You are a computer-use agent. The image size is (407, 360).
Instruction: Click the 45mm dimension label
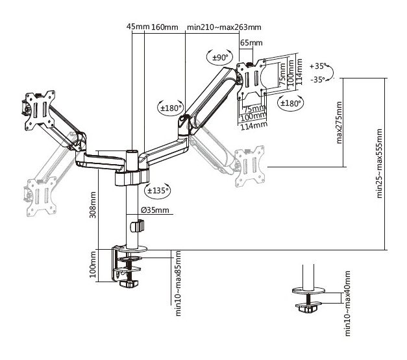click(138, 27)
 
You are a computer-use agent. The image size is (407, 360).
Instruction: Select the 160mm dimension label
click(165, 27)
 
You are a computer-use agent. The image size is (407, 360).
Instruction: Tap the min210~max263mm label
click(224, 27)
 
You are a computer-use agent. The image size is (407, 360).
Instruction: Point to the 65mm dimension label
click(251, 43)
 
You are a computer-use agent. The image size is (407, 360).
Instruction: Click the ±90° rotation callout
click(219, 57)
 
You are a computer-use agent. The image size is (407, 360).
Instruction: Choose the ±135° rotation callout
click(158, 191)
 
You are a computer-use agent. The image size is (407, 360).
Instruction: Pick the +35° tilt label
click(317, 66)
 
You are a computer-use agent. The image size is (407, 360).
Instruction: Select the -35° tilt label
click(317, 79)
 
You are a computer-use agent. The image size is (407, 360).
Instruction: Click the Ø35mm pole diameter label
click(155, 210)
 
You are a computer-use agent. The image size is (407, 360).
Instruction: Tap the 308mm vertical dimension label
click(93, 204)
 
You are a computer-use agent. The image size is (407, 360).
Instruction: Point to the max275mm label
click(339, 123)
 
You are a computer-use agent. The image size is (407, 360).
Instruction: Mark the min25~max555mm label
click(380, 163)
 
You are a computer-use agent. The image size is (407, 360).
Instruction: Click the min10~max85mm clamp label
click(178, 283)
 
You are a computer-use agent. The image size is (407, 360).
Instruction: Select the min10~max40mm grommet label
click(347, 304)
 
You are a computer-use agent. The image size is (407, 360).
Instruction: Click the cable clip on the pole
click(137, 226)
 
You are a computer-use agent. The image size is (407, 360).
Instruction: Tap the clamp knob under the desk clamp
click(129, 283)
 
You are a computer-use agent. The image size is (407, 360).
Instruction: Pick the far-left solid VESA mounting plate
click(40, 110)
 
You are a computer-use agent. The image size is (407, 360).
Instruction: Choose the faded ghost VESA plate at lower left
click(42, 197)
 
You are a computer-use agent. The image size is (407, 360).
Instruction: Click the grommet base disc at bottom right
click(308, 291)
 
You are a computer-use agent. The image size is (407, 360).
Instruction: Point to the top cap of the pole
click(132, 151)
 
